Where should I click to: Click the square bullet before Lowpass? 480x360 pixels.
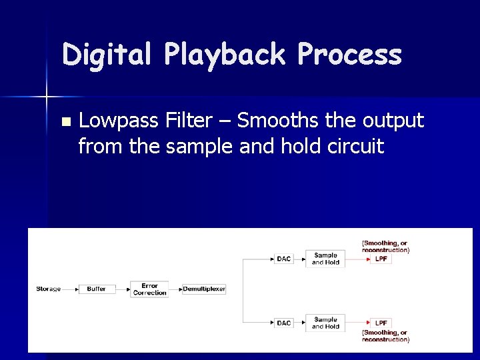[x=65, y=122]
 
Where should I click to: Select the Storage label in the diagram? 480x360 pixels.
[x=48, y=289]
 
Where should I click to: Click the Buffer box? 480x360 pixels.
[x=97, y=289]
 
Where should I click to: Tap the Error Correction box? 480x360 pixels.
[x=149, y=289]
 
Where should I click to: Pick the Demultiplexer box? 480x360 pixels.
[x=204, y=289]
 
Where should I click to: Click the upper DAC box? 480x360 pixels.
[x=284, y=259]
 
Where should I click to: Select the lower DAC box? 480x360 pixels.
[x=284, y=323]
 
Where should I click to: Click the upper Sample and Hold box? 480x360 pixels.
[x=325, y=259]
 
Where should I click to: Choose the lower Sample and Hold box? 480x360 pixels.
[x=325, y=323]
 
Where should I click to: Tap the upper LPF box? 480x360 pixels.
[x=381, y=259]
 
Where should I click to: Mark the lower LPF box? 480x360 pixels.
[x=381, y=323]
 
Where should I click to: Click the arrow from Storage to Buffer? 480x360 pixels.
[x=70, y=289]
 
